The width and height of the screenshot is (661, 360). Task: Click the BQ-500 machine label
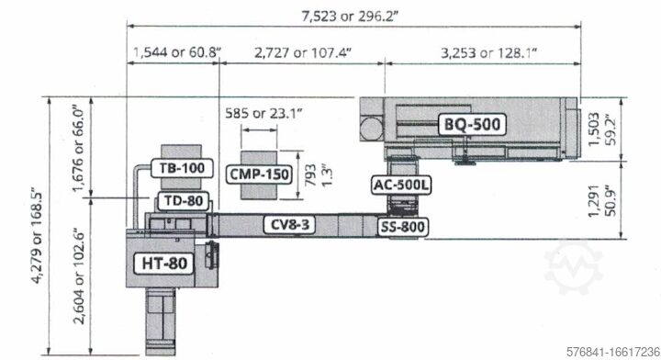[x=472, y=124]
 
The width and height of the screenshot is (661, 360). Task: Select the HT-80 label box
[x=164, y=264]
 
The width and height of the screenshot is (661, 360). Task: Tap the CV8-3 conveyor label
[x=289, y=224]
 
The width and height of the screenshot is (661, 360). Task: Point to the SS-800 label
[x=403, y=227]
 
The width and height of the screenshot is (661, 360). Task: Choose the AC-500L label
[x=402, y=186]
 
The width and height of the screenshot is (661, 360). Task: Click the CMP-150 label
[x=259, y=174]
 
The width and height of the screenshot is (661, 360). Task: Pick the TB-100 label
[x=182, y=168]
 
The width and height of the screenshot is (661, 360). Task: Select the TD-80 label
[x=184, y=200]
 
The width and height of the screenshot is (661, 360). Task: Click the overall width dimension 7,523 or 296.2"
[x=350, y=16]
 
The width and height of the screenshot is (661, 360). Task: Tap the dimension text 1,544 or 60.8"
[x=177, y=52]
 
